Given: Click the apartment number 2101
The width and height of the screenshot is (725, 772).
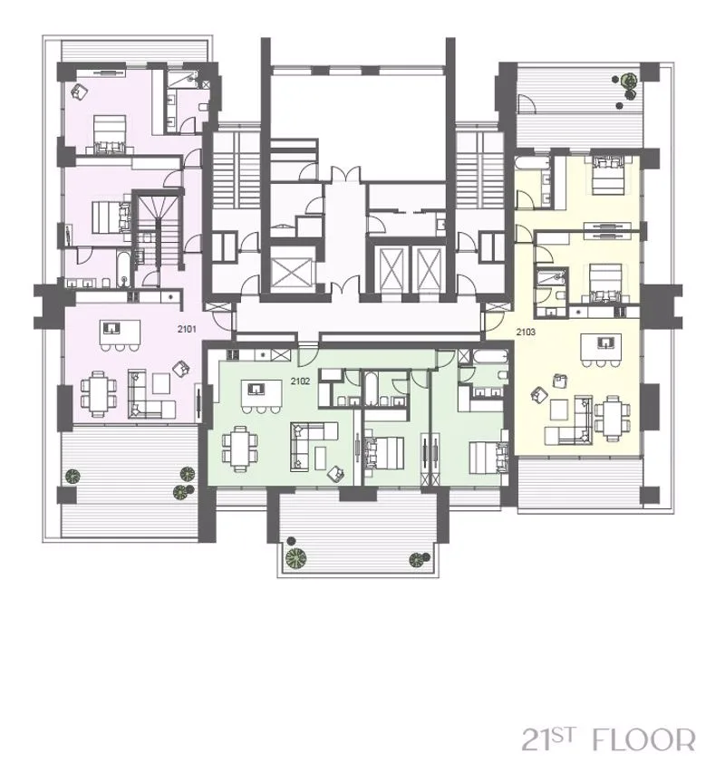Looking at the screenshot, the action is (x=187, y=329).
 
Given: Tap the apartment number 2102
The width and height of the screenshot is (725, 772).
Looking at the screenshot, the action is (x=300, y=381).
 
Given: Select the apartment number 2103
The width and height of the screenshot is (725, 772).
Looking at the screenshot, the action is (x=526, y=332).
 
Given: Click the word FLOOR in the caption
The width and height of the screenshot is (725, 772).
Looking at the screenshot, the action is (x=643, y=739).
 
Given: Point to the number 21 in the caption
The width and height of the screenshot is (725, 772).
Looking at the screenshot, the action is (x=536, y=739).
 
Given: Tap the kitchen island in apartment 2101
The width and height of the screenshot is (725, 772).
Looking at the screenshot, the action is (x=120, y=333).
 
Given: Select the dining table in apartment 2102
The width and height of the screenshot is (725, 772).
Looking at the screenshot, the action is (x=240, y=449).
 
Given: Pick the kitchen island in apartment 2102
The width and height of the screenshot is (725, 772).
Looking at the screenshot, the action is (x=261, y=393).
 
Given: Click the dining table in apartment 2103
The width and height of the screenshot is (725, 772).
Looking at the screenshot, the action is (x=612, y=418).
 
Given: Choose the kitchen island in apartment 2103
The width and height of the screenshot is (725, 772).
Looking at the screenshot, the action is (x=600, y=347).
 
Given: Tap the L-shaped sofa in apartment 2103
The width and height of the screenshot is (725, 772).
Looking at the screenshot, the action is (x=568, y=422).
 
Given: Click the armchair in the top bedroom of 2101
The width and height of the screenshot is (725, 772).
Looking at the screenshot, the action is (x=80, y=92).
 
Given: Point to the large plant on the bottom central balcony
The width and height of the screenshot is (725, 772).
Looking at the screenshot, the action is (x=296, y=557).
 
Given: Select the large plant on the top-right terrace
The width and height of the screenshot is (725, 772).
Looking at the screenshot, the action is (x=627, y=80).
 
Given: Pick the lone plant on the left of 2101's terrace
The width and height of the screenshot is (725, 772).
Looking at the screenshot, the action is (x=72, y=476).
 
